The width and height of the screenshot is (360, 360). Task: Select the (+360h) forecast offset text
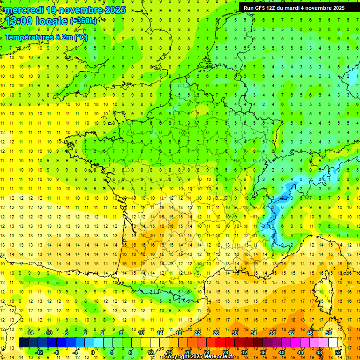83,21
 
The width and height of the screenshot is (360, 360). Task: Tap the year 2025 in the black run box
336,8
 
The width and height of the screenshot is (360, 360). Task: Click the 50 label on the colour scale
329,333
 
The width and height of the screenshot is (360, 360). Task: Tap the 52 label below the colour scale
338,352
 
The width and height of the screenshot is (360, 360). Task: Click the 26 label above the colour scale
216,333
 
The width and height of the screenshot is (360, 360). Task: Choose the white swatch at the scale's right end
333,343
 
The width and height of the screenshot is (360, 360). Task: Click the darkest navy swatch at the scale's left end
23,343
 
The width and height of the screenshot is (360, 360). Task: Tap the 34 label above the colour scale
254,333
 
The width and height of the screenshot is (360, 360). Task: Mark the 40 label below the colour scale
282,352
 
